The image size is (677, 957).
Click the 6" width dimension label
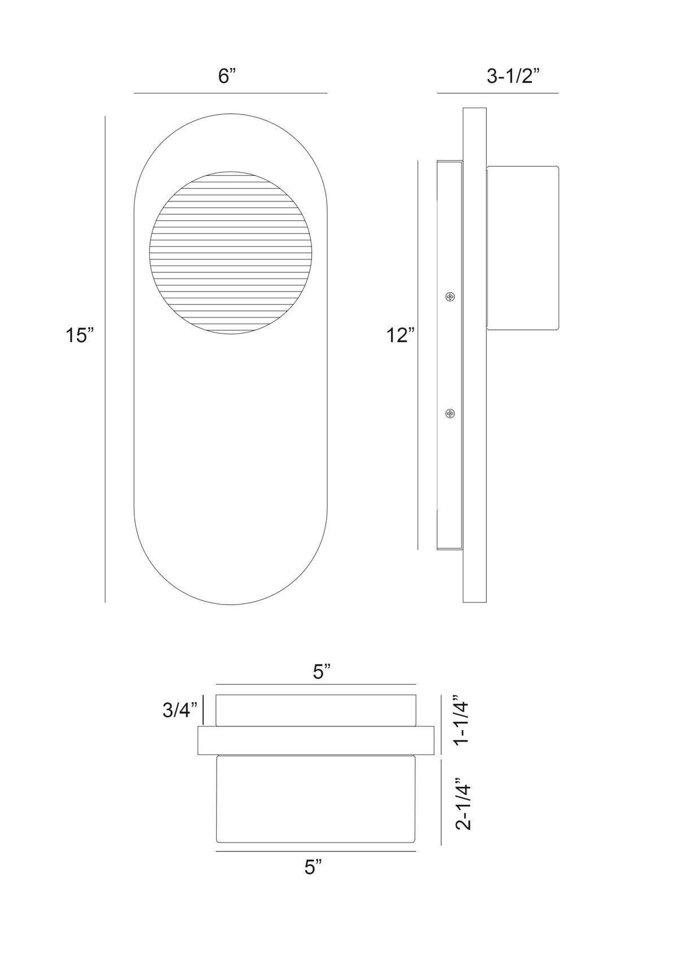pyautogui.click(x=227, y=77)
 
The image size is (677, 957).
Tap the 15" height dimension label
pyautogui.click(x=79, y=336)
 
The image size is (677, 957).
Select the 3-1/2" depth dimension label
pyautogui.click(x=513, y=77)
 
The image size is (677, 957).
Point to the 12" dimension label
pyautogui.click(x=401, y=336)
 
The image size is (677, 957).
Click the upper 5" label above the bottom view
pyautogui.click(x=322, y=672)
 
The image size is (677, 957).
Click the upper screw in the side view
pyautogui.click(x=450, y=296)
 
